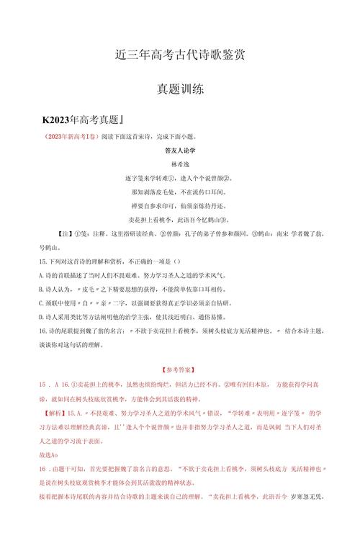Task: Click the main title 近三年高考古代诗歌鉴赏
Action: [180, 55]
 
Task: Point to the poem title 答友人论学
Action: [180, 151]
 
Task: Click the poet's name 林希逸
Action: [180, 164]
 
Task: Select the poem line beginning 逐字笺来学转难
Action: [180, 178]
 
